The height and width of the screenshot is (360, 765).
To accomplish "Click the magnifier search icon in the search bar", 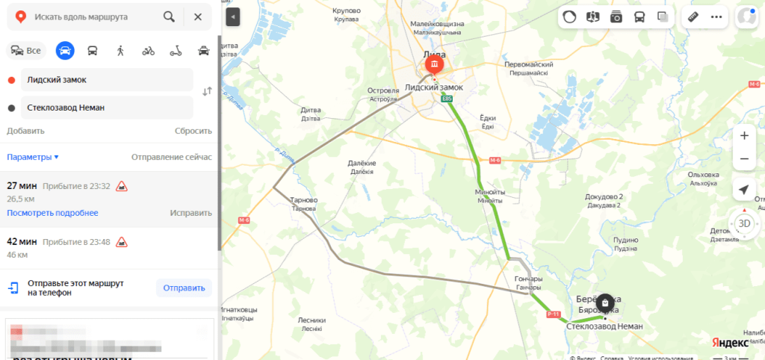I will [170, 16].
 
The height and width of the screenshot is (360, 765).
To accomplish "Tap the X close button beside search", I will [197, 16].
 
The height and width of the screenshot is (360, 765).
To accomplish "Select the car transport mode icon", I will [65, 51].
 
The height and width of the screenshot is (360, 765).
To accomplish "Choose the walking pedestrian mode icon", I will [120, 51].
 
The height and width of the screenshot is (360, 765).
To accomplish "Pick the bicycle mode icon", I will [148, 51].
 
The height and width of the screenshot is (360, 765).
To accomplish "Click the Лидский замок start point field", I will [106, 79].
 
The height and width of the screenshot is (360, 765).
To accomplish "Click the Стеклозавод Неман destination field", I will [106, 108].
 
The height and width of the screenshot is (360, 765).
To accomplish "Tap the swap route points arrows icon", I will [207, 91].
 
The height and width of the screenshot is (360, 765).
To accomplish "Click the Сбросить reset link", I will [193, 131].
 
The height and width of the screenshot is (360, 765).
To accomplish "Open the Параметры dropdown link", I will [33, 157].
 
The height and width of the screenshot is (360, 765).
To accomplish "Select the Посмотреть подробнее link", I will [52, 213].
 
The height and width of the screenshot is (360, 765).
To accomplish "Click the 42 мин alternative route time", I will [22, 241].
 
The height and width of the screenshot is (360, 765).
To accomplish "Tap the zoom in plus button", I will [743, 136].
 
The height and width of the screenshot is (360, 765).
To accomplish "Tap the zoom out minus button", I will [743, 159].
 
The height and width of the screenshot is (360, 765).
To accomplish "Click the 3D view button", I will [743, 223].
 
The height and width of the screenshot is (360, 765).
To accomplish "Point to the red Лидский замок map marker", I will [434, 66].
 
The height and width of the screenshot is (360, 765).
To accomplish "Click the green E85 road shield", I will [447, 99].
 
